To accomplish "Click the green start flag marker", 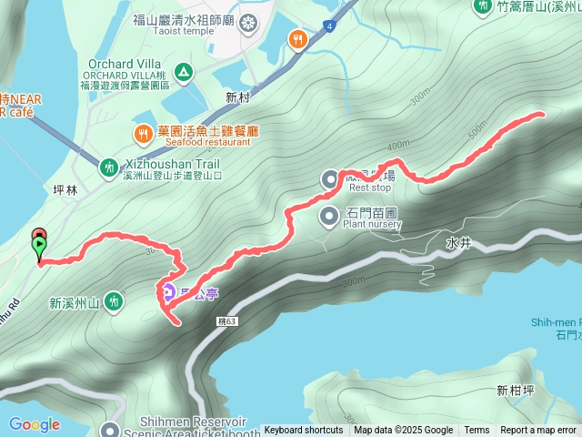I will pyautogui.click(x=40, y=244).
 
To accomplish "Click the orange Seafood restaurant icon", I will pyautogui.click(x=143, y=136).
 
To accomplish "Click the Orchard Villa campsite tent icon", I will pyautogui.click(x=183, y=71).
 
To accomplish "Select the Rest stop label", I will pyautogui.click(x=369, y=188).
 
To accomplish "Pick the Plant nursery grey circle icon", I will pyautogui.click(x=329, y=216).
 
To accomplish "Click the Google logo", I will pyautogui.click(x=35, y=424).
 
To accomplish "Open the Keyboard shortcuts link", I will pyautogui.click(x=304, y=431).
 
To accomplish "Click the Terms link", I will pyautogui.click(x=477, y=431).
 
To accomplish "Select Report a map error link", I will pyautogui.click(x=538, y=431).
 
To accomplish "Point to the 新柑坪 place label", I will pyautogui.click(x=516, y=391).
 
